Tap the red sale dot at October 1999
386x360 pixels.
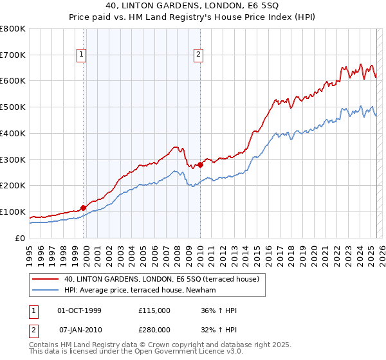coord(84,208)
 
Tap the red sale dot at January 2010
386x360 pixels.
coord(200,165)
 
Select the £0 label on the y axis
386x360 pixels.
coord(21,238)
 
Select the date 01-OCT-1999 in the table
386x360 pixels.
coord(79,310)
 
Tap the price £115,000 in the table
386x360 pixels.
coord(154,310)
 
